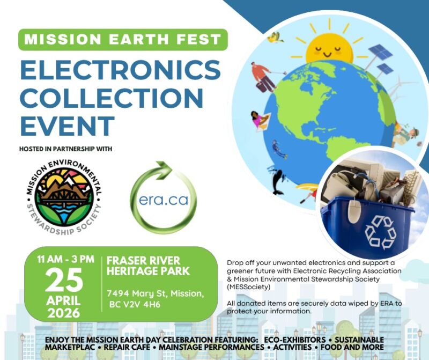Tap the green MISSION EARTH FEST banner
123,40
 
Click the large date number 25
64,280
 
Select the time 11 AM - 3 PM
65,260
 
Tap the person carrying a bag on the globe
263,77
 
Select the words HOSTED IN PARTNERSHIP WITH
65,149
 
